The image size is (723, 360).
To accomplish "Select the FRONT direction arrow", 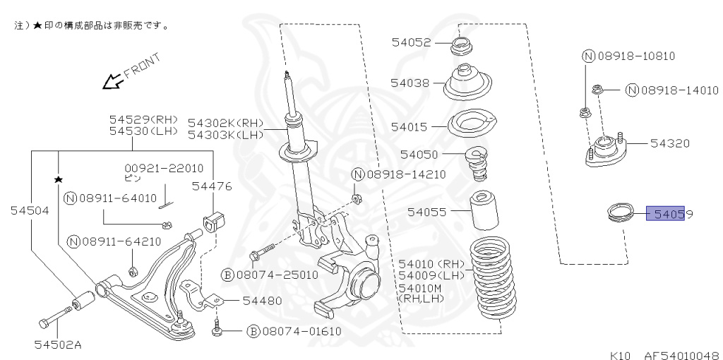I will tap(111, 83).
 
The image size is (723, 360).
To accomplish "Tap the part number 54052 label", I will tap(411, 42).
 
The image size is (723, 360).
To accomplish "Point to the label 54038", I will tap(411, 83).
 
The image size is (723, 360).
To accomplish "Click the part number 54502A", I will tap(58, 344).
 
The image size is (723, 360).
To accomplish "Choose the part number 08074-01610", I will tap(294, 330).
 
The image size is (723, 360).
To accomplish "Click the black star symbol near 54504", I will tap(58, 179).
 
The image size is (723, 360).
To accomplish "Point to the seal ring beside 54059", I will tap(622, 212).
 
